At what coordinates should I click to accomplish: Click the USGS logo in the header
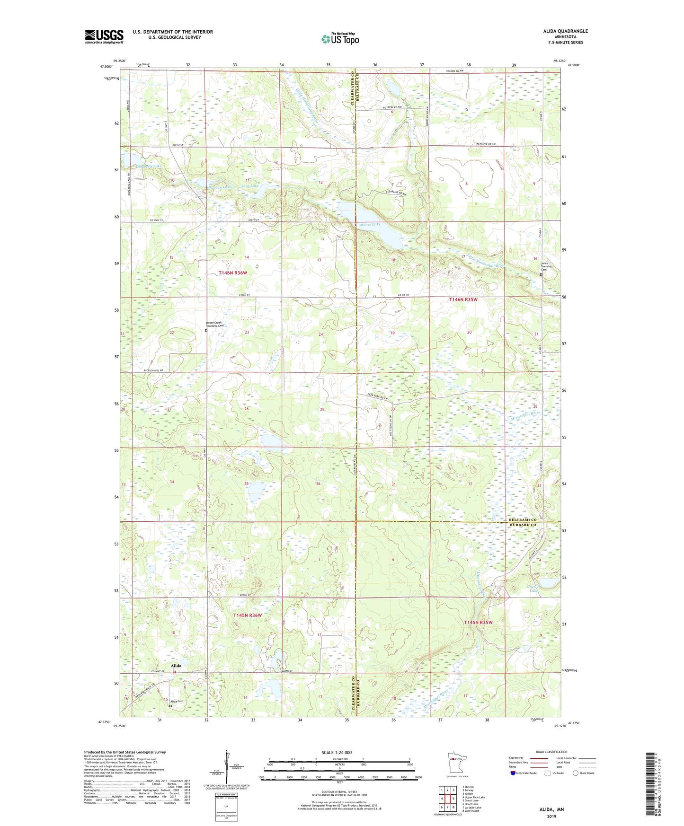tap(104, 36)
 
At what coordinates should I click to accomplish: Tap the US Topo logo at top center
tap(340, 39)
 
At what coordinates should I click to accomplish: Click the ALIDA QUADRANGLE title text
tap(565, 31)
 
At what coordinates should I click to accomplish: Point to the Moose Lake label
tap(370, 224)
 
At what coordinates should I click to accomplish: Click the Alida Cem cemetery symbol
tap(170, 706)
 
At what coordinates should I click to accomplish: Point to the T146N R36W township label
tap(232, 273)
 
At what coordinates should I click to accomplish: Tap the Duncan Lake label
tap(220, 187)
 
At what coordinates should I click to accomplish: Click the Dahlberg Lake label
tap(148, 167)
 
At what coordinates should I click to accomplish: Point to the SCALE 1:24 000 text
tap(336, 752)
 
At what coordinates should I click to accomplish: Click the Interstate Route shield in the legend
tap(513, 773)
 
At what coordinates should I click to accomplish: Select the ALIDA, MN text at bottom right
tap(551, 809)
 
